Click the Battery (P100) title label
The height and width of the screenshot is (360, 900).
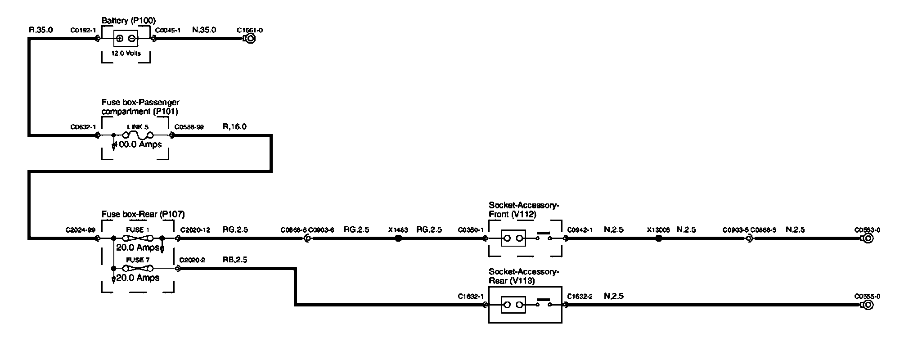128,20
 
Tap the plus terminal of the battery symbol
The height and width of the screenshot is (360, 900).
120,39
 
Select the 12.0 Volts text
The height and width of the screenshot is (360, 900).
126,54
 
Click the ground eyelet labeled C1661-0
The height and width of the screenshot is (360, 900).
250,39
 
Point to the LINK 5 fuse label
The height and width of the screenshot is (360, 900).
138,127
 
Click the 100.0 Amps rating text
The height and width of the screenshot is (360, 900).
138,144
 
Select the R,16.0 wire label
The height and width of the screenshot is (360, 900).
234,127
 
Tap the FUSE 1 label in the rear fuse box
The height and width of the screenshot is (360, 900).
135,230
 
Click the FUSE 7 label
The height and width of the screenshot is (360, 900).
135,260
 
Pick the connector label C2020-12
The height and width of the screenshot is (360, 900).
194,230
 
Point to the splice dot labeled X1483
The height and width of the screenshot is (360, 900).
398,238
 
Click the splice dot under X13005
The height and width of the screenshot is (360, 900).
658,238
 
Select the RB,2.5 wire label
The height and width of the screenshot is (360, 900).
234,260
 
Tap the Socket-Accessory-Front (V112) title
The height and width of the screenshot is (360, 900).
523,210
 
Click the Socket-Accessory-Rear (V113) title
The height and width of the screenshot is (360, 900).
523,276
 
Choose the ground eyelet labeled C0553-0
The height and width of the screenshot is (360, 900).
868,238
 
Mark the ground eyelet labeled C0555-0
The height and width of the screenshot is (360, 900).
868,305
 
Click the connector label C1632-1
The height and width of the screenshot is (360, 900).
470,297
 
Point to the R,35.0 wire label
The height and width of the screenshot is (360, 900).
41,30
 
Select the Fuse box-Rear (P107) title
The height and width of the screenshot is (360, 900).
143,214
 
